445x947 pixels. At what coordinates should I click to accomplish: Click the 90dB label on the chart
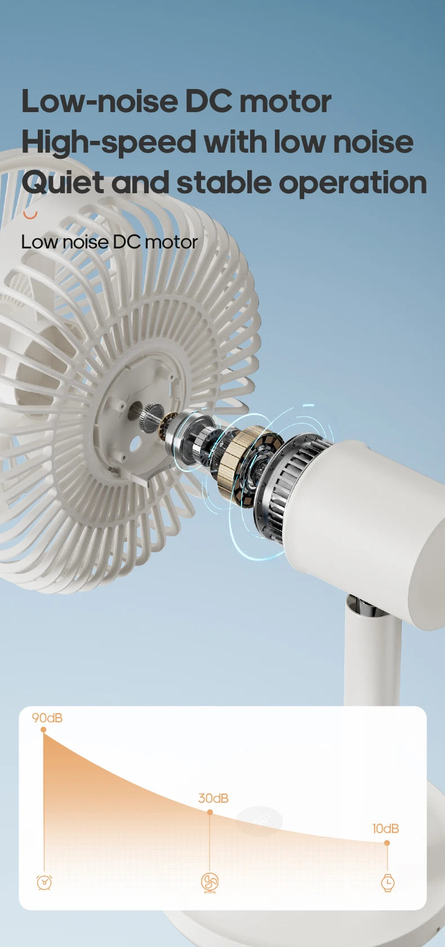point(47,718)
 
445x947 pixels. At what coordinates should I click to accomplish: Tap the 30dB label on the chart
point(213,798)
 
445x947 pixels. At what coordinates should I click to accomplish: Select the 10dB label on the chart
point(385,829)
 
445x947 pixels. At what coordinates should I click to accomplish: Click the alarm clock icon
point(44,882)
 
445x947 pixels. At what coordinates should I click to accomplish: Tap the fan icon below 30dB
point(210,882)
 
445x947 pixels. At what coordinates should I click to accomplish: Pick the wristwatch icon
point(388,882)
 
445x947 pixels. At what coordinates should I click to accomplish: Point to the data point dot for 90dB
point(43,730)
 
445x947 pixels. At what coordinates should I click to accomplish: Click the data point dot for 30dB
point(210,812)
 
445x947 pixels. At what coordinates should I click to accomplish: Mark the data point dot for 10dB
point(387,843)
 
